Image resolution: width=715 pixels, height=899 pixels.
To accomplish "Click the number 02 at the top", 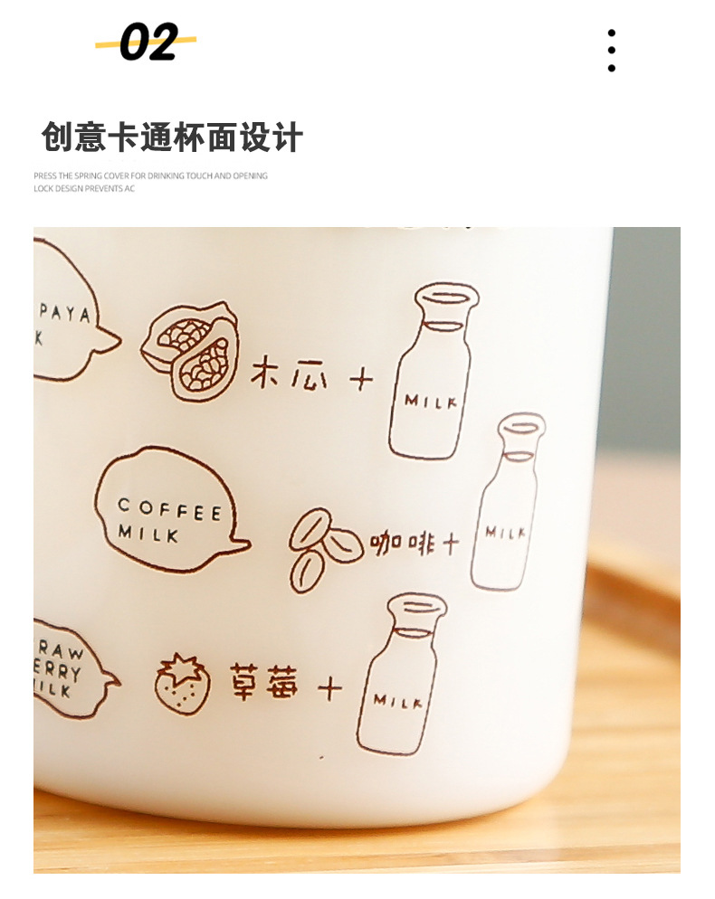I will click(148, 43).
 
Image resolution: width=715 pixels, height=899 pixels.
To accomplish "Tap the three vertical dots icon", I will click(612, 50).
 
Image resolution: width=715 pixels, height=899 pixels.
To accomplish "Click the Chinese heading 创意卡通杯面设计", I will click(171, 137).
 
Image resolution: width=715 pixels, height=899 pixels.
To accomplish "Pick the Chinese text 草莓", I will click(262, 684).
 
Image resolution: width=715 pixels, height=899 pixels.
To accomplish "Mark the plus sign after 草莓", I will click(329, 689).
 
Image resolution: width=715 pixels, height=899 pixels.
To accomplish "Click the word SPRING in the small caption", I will click(82, 176).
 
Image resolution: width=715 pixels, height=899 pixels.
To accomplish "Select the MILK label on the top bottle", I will click(431, 401).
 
